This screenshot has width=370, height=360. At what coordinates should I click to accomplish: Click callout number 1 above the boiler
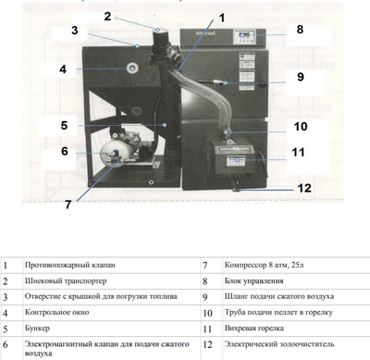tap(222, 15)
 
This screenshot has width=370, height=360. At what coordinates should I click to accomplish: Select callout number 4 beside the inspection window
tap(63, 68)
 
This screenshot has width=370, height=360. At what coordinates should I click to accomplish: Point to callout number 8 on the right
tap(300, 30)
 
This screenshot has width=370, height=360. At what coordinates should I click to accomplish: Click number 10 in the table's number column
tap(204, 312)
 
